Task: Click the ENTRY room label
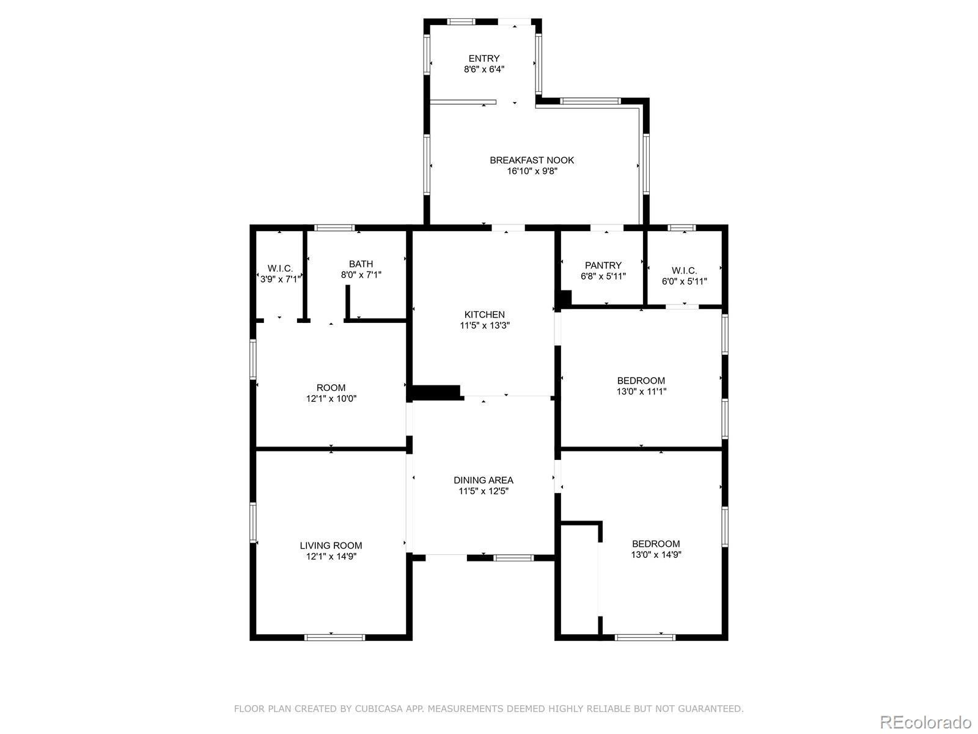(484, 59)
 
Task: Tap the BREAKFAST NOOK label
(532, 160)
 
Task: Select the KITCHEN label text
(485, 314)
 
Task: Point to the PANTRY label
(603, 265)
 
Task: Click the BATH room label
(361, 264)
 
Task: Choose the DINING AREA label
(483, 480)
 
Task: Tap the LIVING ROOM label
(331, 546)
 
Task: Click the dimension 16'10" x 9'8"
(532, 172)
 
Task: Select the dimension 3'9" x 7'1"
(280, 280)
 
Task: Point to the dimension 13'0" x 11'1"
(641, 391)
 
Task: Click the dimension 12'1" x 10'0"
(331, 399)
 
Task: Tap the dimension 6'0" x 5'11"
(684, 281)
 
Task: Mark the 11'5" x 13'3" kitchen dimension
(485, 326)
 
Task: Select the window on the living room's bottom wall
(334, 637)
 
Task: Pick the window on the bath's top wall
(335, 228)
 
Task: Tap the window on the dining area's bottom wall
(513, 557)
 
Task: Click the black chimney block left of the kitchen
(436, 392)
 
